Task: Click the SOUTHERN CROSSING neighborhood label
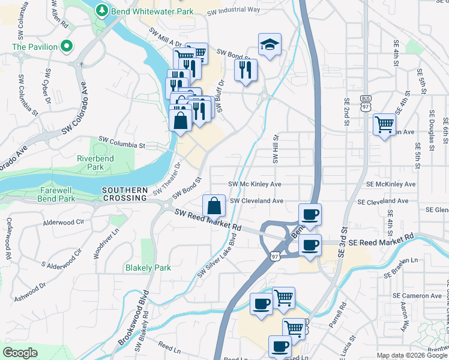click(x=124, y=193)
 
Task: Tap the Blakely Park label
click(x=148, y=268)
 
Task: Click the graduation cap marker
click(x=270, y=44)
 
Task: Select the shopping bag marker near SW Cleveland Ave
click(x=214, y=206)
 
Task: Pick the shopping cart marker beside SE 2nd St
click(x=384, y=125)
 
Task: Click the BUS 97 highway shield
click(x=366, y=103)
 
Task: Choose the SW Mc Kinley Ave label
click(x=255, y=184)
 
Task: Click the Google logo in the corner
click(x=20, y=353)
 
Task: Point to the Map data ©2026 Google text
click(x=411, y=355)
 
